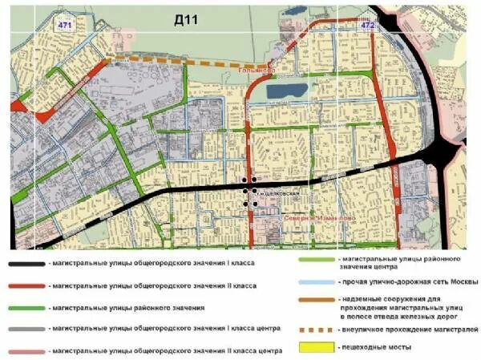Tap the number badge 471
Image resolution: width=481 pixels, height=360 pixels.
tap(64, 26)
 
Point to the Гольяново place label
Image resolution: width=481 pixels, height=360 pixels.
tap(257, 71)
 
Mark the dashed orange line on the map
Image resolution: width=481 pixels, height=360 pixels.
tap(184, 62)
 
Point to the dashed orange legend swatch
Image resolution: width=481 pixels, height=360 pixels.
tap(316, 329)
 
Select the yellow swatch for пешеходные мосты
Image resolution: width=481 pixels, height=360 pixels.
tap(316, 346)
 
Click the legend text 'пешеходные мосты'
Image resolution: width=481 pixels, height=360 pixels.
tap(378, 346)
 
